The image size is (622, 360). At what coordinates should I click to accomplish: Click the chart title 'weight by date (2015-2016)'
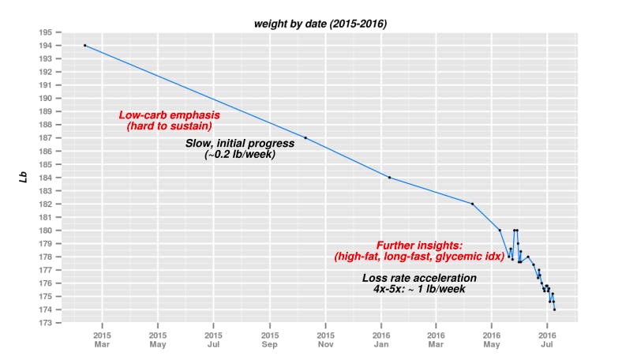(320, 24)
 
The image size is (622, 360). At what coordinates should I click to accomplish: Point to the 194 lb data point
(84, 46)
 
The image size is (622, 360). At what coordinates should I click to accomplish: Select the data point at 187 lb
(305, 138)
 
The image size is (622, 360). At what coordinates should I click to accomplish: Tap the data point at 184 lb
(390, 178)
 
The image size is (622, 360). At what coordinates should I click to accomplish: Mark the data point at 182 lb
(472, 204)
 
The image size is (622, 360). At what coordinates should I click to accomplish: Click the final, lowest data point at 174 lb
(554, 309)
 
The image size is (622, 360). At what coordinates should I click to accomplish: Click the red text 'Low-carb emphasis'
(169, 115)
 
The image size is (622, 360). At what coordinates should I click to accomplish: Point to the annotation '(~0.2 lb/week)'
(239, 155)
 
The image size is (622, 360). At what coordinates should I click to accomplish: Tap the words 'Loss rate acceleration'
(419, 278)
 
